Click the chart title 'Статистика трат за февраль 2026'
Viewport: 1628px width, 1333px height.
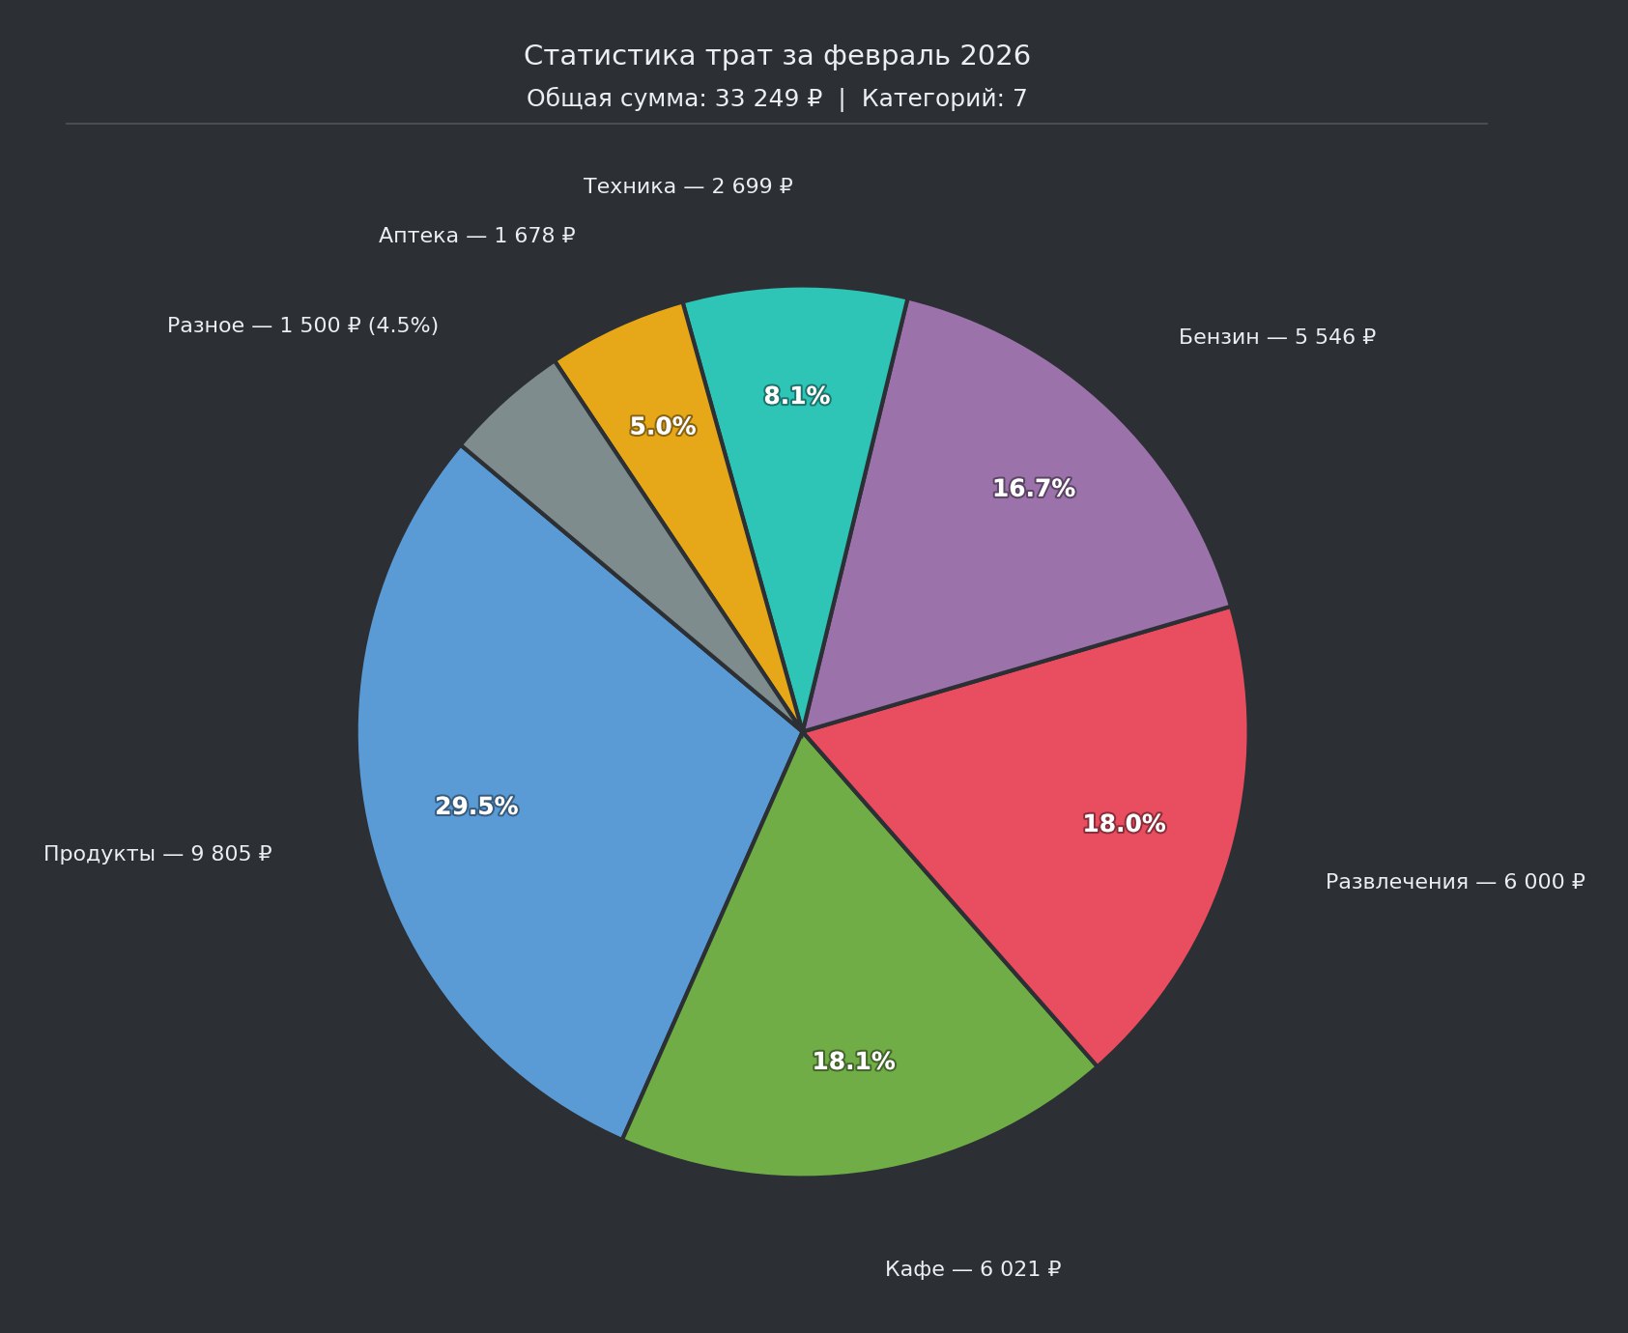click(777, 56)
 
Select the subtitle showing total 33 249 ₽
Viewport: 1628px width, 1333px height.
click(777, 99)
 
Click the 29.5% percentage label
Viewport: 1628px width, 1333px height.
click(476, 807)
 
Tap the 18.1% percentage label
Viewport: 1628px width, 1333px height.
click(853, 1062)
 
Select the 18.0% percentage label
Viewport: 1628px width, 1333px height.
click(1124, 824)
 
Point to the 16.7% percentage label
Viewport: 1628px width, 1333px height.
click(1034, 489)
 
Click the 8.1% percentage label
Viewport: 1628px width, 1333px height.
click(797, 396)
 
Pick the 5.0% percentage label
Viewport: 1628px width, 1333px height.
click(663, 426)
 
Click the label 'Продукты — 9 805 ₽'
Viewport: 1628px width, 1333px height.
click(157, 854)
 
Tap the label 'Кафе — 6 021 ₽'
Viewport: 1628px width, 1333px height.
click(973, 1269)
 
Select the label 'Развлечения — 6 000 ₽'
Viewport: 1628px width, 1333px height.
click(1455, 882)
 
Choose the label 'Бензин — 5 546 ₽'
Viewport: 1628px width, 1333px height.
click(1277, 337)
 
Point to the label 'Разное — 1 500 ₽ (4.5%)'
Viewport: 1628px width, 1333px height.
click(302, 326)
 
